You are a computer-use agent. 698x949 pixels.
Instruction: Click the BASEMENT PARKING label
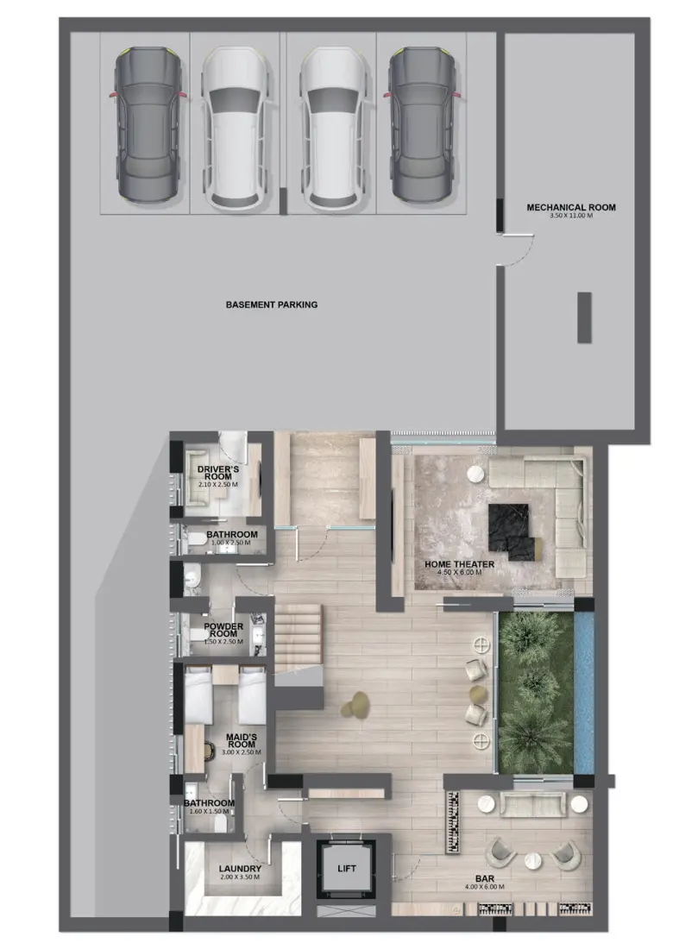[271, 305]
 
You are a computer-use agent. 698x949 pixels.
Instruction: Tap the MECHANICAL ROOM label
[571, 207]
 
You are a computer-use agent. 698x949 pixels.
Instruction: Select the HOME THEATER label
[459, 565]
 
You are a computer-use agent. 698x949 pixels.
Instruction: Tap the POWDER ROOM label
[223, 631]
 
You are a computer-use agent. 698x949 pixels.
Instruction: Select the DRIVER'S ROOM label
[217, 472]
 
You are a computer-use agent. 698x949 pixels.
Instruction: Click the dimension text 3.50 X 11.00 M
[571, 216]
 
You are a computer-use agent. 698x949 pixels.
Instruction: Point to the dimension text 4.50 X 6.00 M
[459, 574]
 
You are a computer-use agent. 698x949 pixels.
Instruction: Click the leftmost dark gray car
[148, 126]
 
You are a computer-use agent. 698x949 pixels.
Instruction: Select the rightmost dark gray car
[423, 126]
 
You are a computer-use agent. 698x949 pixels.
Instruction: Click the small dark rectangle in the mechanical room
[584, 317]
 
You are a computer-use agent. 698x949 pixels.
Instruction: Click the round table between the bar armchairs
[532, 859]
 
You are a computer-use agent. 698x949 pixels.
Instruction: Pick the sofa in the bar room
[532, 805]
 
